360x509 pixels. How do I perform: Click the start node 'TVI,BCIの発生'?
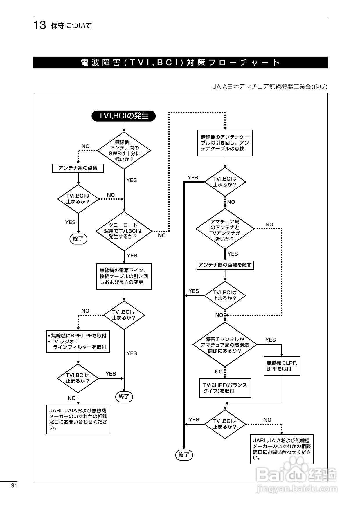[124, 116]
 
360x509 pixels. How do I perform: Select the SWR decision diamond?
[124, 151]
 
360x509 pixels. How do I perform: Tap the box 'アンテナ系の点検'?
[78, 168]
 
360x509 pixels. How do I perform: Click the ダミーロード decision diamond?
[124, 231]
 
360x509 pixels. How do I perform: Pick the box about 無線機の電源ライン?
[124, 277]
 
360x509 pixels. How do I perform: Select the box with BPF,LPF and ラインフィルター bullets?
[78, 341]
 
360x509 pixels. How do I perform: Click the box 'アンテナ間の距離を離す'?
[225, 265]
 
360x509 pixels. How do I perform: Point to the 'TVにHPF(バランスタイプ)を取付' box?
[225, 388]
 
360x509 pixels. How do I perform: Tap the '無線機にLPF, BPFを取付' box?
[282, 366]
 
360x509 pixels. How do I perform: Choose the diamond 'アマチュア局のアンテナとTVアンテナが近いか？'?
[225, 229]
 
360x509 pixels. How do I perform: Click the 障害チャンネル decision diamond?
[225, 345]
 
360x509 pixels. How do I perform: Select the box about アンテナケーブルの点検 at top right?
[225, 143]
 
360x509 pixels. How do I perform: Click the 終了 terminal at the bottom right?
[184, 455]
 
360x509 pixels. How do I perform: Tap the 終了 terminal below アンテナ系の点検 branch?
[78, 239]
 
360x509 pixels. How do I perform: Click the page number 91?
[14, 486]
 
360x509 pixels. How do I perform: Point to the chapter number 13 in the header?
[40, 26]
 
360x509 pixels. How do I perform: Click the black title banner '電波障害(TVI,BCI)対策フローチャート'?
[180, 62]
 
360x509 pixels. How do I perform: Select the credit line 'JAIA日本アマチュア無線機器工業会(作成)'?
[270, 86]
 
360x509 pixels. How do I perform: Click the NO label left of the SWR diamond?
[85, 146]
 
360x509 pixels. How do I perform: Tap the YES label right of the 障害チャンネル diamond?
[270, 340]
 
